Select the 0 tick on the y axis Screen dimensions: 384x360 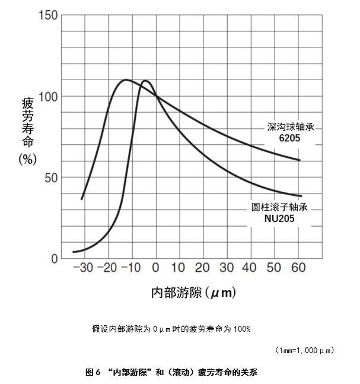coord(55,259)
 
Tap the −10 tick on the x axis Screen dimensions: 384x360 coord(132,268)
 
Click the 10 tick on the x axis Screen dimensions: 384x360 coord(178,268)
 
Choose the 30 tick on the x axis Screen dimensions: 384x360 coord(226,268)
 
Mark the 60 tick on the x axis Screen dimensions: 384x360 coord(298,268)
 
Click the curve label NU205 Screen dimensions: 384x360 coord(280,218)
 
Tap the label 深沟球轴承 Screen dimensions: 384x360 coord(290,127)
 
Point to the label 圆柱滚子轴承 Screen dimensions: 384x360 coord(280,208)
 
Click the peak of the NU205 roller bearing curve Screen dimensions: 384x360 coord(145,80)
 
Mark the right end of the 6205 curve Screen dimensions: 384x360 coord(300,160)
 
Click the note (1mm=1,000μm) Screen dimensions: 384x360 coord(305,350)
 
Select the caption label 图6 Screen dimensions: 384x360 coord(94,373)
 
